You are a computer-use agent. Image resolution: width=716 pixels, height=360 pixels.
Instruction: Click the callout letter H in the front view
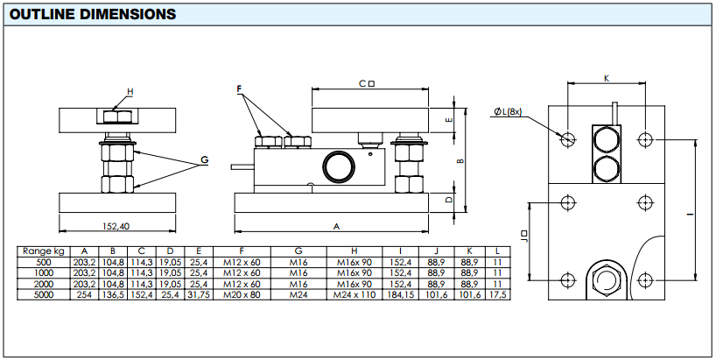(130, 91)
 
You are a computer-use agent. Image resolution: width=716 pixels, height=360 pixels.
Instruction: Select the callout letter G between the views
(204, 159)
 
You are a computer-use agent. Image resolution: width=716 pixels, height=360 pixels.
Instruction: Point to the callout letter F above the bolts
(238, 89)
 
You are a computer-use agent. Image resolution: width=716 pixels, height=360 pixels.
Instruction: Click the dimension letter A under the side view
(336, 226)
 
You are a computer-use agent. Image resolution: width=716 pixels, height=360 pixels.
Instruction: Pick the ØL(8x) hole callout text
(509, 111)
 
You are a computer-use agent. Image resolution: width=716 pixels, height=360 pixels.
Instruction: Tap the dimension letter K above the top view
(607, 78)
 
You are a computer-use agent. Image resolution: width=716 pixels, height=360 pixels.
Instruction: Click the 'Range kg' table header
(42, 251)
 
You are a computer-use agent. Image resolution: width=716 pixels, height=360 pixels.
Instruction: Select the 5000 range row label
(42, 295)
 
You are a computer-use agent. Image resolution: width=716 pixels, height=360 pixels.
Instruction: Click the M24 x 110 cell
(354, 295)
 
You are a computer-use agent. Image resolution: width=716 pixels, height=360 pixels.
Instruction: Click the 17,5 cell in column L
(498, 295)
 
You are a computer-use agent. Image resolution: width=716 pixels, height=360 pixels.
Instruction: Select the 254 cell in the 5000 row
(85, 295)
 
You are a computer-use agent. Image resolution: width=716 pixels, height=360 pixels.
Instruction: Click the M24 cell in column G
(298, 295)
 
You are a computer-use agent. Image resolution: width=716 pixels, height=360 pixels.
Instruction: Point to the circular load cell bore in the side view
(337, 165)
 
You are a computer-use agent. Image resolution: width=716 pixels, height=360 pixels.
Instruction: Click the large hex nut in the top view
(605, 281)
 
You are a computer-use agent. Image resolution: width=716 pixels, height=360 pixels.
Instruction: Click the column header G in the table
(298, 251)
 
